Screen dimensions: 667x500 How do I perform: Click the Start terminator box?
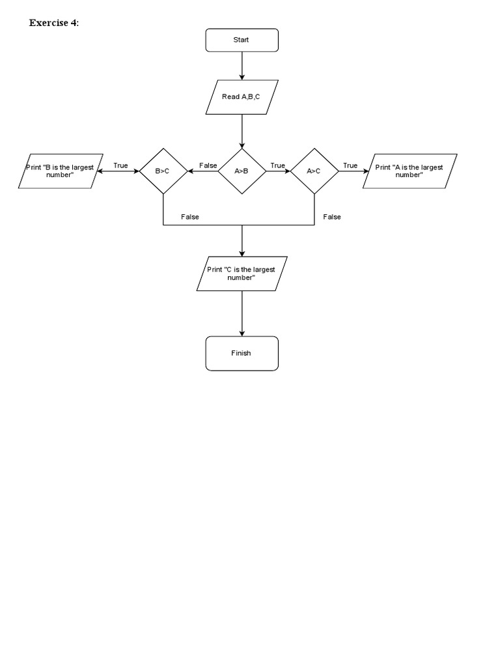coord(242,40)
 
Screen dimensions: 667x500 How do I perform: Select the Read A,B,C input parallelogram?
coord(242,97)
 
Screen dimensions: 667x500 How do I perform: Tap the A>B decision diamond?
coord(242,171)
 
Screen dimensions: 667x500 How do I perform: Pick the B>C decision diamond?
coord(163,171)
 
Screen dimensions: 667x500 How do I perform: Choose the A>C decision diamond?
coord(314,171)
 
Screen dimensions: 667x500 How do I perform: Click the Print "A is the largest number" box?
coord(410,171)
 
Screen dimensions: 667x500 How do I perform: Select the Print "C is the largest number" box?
coord(242,274)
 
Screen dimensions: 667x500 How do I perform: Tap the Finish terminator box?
coord(242,353)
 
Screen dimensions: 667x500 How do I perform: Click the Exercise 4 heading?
coord(54,23)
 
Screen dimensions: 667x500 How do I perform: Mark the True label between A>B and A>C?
coord(278,165)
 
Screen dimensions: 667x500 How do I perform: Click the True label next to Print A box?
coord(350,165)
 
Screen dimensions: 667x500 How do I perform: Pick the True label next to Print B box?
coord(120,165)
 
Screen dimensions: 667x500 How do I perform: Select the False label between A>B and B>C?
coord(208,165)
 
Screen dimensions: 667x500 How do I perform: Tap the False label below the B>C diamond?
coord(190,217)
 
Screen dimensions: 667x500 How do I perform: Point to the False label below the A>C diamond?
coord(332,217)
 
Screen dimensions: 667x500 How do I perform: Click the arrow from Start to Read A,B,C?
coord(242,65)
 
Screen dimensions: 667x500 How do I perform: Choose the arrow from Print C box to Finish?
coord(242,313)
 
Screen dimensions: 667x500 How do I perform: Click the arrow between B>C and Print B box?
coord(117,171)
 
